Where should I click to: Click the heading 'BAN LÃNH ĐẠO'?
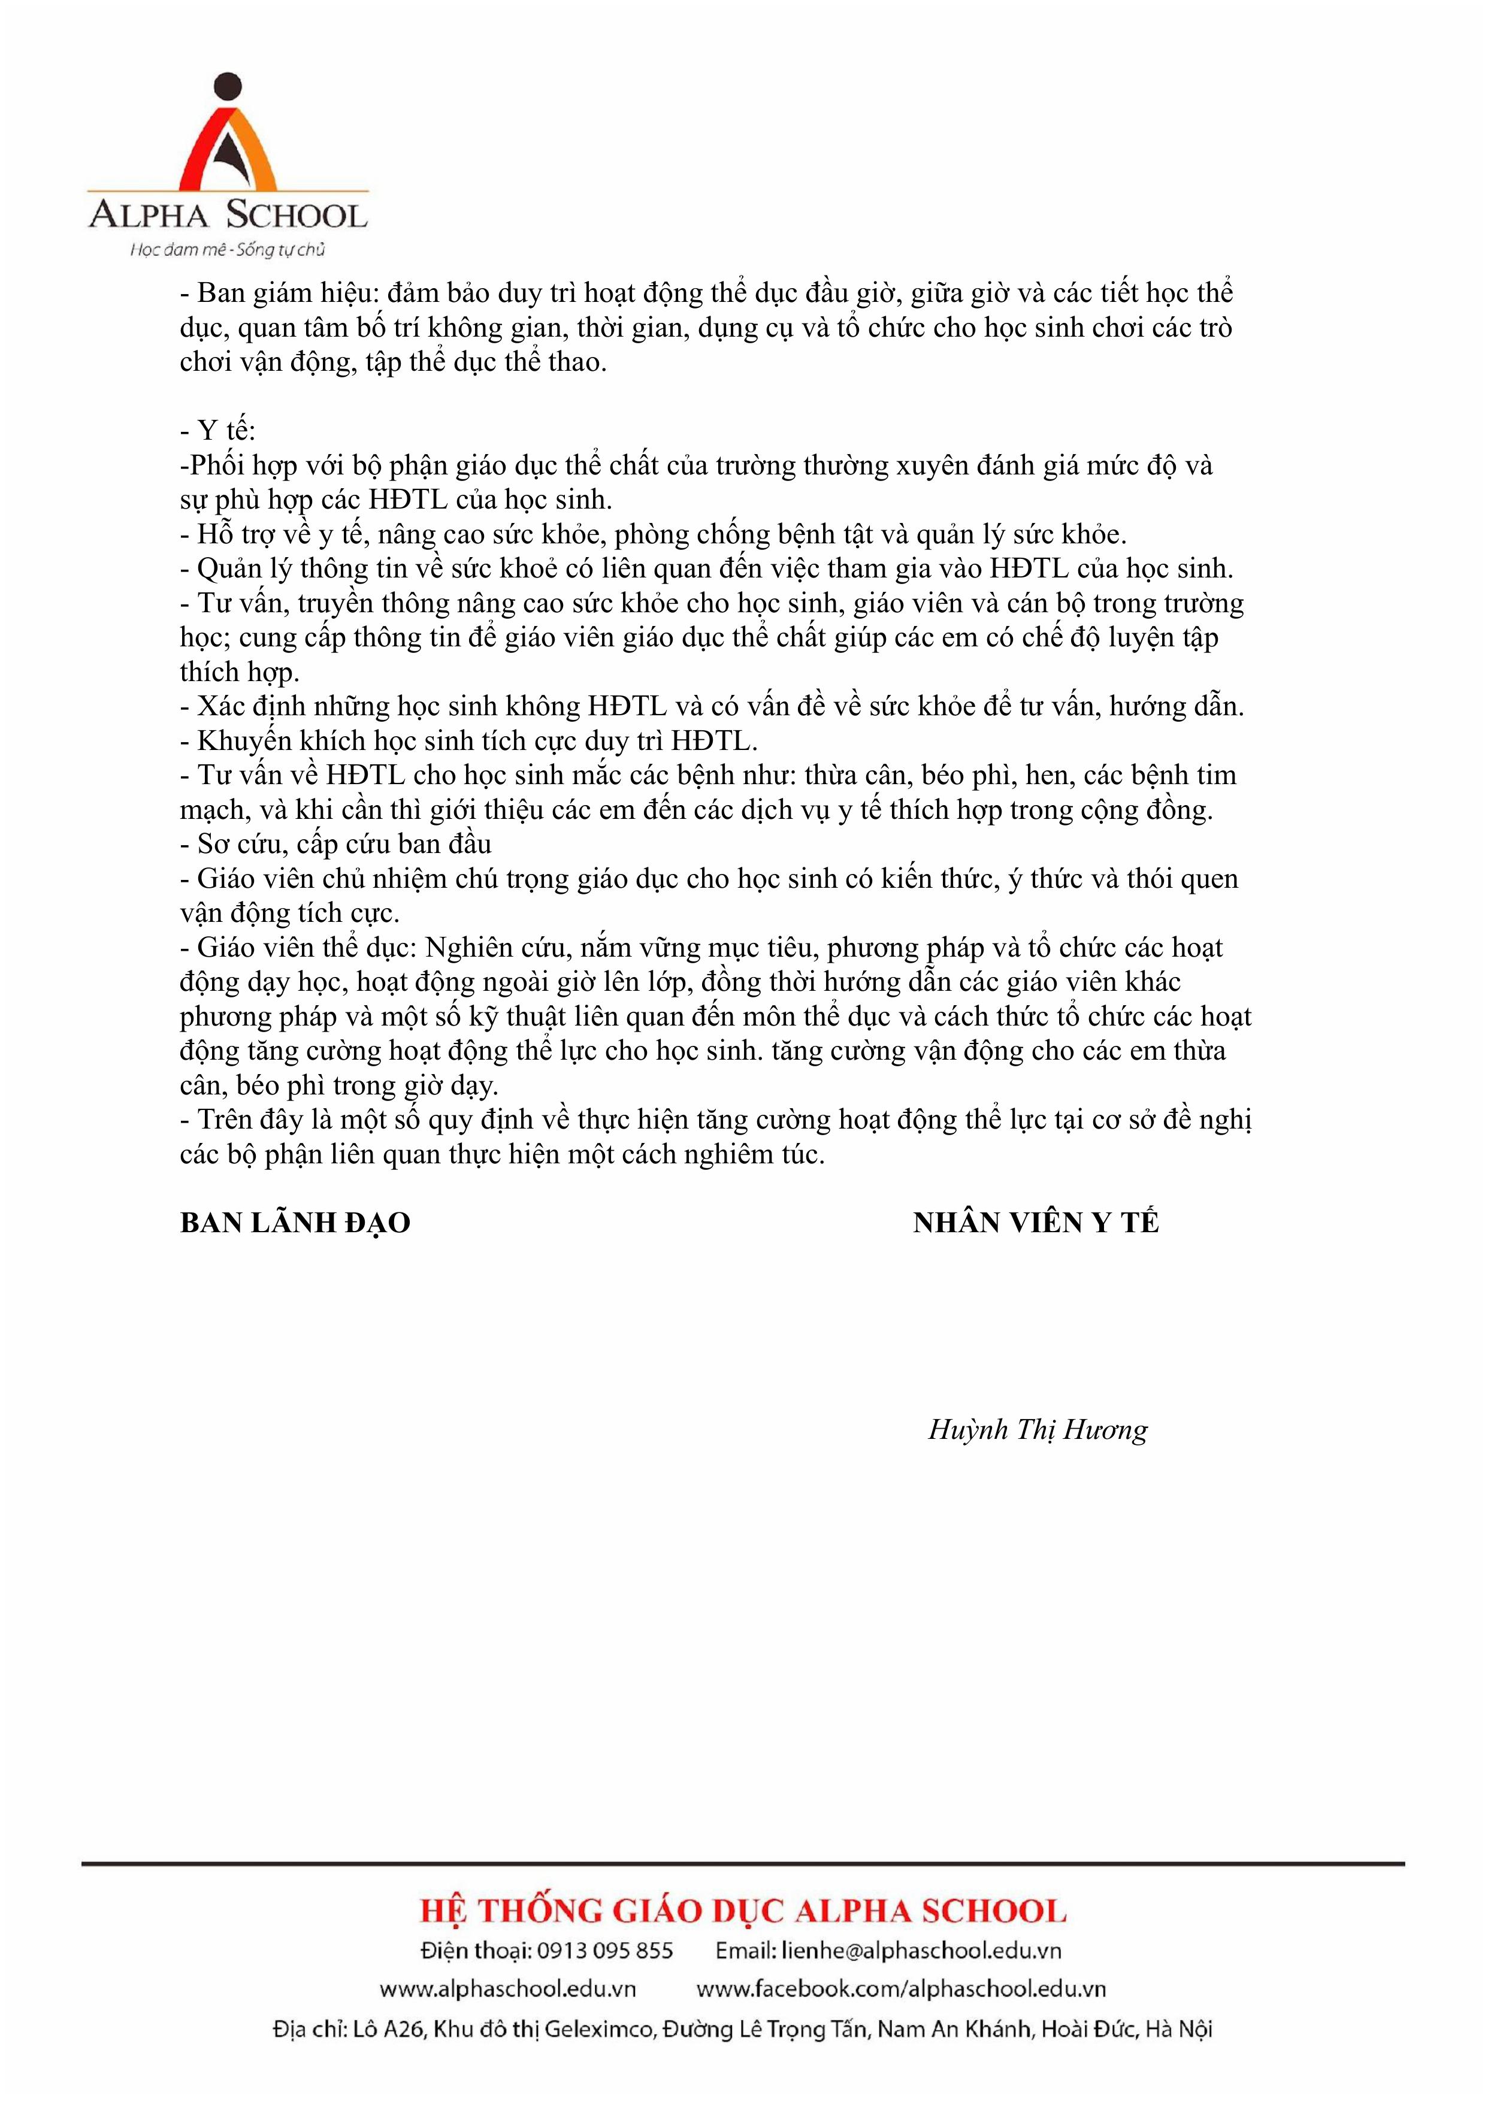(295, 1223)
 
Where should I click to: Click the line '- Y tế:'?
(218, 431)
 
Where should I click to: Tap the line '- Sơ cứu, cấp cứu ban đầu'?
(335, 844)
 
